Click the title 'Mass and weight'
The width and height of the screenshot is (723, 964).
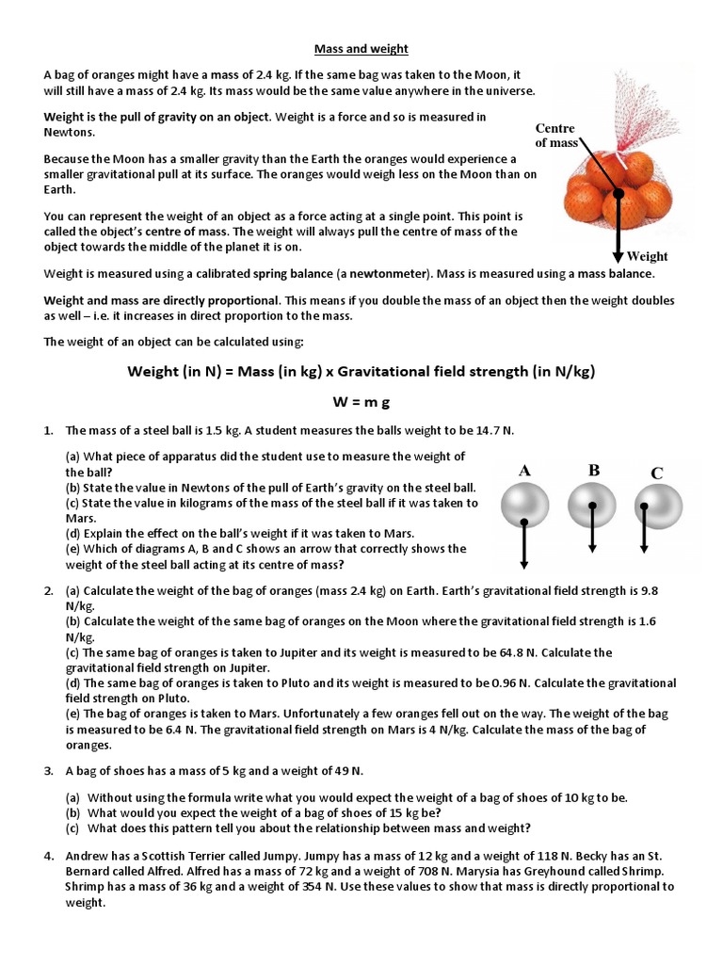[361, 48]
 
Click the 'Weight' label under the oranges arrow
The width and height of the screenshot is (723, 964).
[647, 256]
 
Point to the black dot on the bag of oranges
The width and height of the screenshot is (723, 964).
[619, 196]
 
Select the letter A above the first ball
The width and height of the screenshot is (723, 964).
[524, 471]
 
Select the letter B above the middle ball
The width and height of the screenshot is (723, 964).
[594, 470]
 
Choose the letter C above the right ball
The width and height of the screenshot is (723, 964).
[656, 473]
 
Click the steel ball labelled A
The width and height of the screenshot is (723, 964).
[524, 506]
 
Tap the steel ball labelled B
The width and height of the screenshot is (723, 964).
[592, 506]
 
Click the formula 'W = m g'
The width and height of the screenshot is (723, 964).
[361, 402]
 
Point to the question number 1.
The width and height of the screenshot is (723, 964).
[47, 430]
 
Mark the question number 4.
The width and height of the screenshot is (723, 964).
[47, 857]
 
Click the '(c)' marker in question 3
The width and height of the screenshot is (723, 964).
[72, 828]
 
